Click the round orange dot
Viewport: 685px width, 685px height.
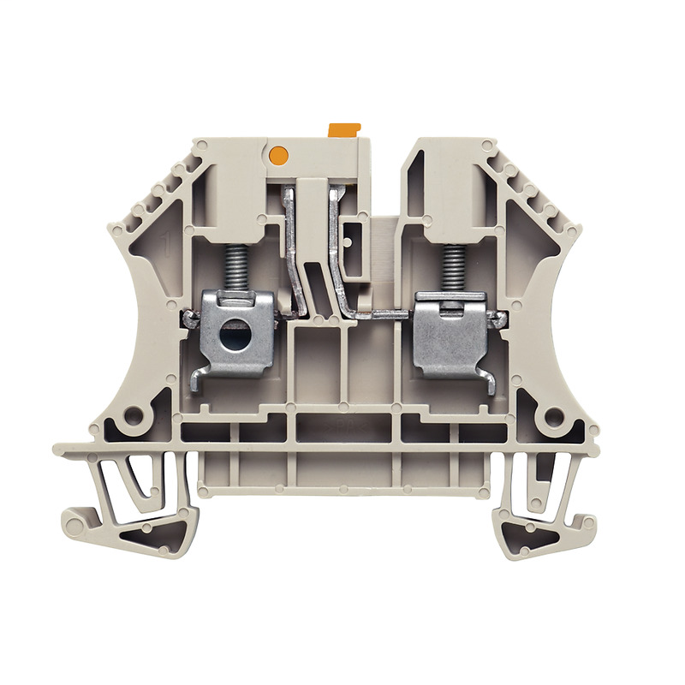point(277,155)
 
